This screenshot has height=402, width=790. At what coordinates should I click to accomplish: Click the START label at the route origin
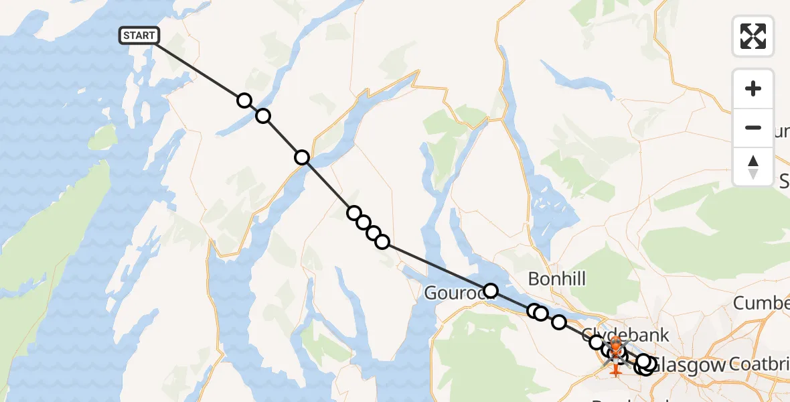pyautogui.click(x=139, y=36)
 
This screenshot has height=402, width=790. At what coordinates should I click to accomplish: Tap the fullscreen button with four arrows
pyautogui.click(x=753, y=36)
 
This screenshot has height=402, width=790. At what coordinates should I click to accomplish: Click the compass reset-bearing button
pyautogui.click(x=753, y=167)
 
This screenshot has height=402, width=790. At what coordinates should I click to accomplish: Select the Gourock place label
pyautogui.click(x=452, y=293)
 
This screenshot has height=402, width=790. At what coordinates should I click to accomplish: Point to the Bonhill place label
pyautogui.click(x=556, y=278)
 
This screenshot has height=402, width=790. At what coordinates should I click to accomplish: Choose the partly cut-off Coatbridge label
pyautogui.click(x=760, y=365)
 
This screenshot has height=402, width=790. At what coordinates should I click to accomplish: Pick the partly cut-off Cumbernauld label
pyautogui.click(x=761, y=303)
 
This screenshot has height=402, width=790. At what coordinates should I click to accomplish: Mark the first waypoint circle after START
pyautogui.click(x=244, y=100)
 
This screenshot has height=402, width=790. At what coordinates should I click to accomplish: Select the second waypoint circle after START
pyautogui.click(x=263, y=116)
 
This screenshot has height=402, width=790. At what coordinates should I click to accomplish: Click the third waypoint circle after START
pyautogui.click(x=302, y=157)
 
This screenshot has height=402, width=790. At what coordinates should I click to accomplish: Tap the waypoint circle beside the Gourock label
pyautogui.click(x=491, y=290)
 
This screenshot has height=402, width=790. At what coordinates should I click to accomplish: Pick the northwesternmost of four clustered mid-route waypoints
pyautogui.click(x=353, y=213)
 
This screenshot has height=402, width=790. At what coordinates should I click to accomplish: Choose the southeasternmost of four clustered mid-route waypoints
pyautogui.click(x=382, y=241)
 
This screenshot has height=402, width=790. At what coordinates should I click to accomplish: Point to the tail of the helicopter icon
pyautogui.click(x=615, y=370)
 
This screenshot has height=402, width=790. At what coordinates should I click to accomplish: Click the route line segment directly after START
pyautogui.click(x=201, y=68)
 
